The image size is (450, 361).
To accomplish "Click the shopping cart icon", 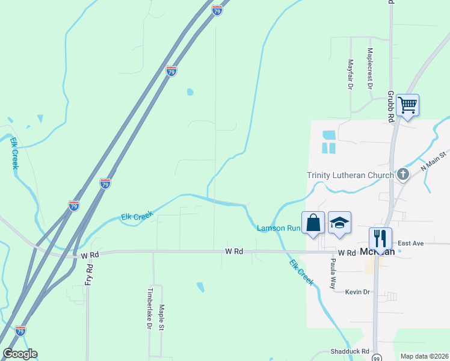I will point(408,105).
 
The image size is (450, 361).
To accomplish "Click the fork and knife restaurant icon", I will point(381,238).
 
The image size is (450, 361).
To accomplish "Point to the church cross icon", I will point(403,175).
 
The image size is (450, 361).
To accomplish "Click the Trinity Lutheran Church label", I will point(350,175).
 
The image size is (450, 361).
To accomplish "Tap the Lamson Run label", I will point(278,228).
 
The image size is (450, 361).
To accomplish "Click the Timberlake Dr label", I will point(150,308).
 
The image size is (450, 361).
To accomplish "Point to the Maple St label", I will point(161,317).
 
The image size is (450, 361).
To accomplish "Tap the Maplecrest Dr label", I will point(370,69).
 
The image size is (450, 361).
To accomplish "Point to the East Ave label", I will point(411,243).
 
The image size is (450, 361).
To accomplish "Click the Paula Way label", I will point(332,274).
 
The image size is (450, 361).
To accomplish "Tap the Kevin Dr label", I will point(356,292).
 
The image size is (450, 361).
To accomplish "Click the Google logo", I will point(20,354).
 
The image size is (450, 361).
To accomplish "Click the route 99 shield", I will point(377,357).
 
